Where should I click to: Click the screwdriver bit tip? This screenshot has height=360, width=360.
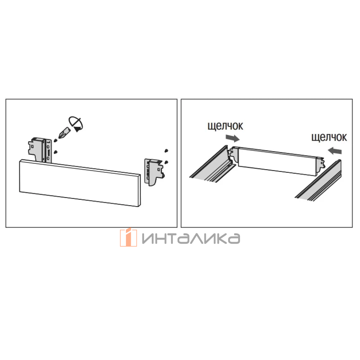(59, 138)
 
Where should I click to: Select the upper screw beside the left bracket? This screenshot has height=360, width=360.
(55, 140)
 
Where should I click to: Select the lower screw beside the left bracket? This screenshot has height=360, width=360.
(55, 152)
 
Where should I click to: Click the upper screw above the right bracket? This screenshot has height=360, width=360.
(166, 151)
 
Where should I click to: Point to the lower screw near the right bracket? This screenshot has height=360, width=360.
(166, 162)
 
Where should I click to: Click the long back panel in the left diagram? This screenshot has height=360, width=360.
(80, 183)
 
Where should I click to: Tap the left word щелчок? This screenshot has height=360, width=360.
(225, 126)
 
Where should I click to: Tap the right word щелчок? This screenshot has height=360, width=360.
(329, 137)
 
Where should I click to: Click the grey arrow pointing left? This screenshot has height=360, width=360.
(335, 150)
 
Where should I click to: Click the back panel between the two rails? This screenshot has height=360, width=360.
(278, 161)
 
